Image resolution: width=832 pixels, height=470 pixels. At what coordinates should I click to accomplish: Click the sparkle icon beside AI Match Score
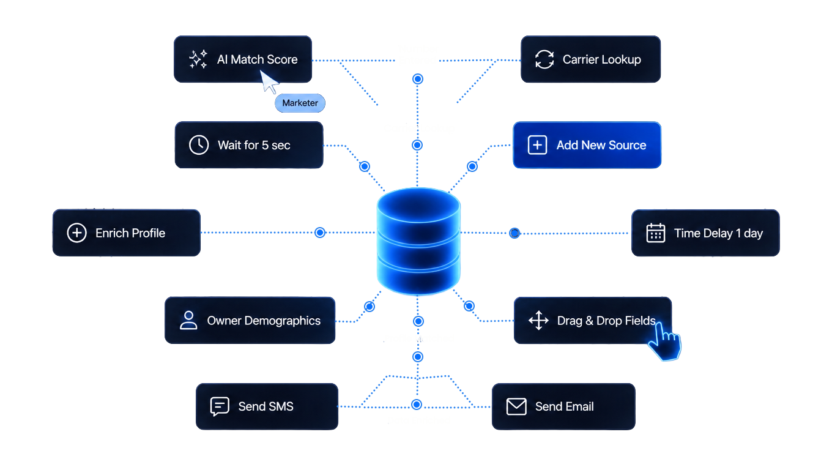[x=198, y=59]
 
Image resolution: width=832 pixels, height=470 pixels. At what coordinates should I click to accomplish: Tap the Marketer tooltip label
[x=300, y=103]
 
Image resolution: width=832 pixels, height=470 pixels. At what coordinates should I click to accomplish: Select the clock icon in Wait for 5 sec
[x=199, y=144]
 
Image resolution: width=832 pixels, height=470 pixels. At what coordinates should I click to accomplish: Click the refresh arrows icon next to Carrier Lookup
[x=544, y=59]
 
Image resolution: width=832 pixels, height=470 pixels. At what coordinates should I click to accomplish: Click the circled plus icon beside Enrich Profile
[x=76, y=233]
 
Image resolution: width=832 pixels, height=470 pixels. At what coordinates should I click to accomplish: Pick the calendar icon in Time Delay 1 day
[x=656, y=233]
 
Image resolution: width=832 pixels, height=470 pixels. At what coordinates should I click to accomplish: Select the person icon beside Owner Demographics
[x=188, y=320]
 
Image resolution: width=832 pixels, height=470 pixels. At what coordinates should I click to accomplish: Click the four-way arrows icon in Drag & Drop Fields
[x=538, y=320]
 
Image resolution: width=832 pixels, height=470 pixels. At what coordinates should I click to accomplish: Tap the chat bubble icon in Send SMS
[x=220, y=406]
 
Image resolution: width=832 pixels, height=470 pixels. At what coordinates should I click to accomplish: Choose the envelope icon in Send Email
[x=516, y=406]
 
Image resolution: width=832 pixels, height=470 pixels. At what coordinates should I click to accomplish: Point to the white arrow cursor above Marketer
[x=269, y=81]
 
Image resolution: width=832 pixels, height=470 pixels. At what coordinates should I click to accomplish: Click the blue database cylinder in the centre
[x=418, y=242]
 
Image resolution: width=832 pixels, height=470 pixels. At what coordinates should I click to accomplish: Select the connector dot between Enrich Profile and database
[x=320, y=233]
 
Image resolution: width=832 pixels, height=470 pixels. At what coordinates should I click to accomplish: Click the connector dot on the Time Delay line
[x=514, y=233]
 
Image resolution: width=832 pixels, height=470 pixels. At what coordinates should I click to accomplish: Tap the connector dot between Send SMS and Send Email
[x=417, y=405]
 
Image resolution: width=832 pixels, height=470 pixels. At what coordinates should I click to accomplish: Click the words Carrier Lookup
[x=602, y=59]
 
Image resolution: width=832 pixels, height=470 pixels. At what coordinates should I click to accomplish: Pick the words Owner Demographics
[x=264, y=321]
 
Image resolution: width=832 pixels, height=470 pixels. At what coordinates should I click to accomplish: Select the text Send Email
[x=565, y=406]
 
